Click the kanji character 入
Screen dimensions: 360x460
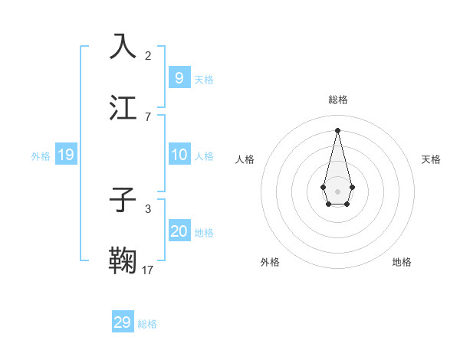(123, 47)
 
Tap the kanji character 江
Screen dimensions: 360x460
(123, 106)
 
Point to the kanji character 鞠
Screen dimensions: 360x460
(123, 260)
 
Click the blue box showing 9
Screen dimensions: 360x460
(179, 77)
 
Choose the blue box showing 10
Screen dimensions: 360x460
(179, 155)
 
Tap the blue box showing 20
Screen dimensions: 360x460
(179, 231)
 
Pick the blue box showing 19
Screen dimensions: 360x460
(65, 155)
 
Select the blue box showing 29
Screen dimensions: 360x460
(123, 322)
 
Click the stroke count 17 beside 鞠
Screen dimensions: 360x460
(148, 270)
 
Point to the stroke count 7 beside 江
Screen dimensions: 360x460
(148, 116)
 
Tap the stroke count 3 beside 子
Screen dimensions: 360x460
(148, 208)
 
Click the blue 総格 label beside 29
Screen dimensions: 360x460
(147, 324)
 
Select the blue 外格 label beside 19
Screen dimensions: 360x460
(41, 155)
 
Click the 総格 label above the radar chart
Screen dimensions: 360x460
(337, 100)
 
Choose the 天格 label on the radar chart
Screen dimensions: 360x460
(431, 159)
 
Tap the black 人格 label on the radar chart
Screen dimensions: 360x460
(245, 159)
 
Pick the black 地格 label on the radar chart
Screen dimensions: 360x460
(402, 262)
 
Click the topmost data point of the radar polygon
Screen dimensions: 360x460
(337, 129)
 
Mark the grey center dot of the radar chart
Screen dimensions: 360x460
(337, 191)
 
